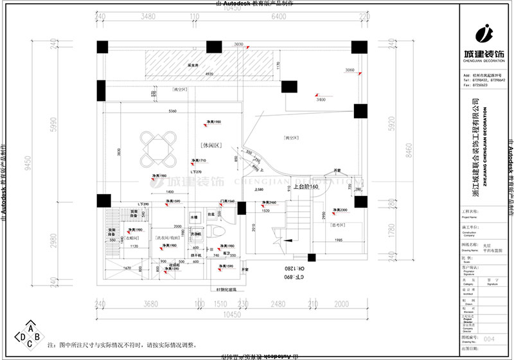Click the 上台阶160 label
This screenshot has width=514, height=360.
click(x=306, y=186)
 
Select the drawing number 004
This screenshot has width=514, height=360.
click(x=488, y=338)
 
